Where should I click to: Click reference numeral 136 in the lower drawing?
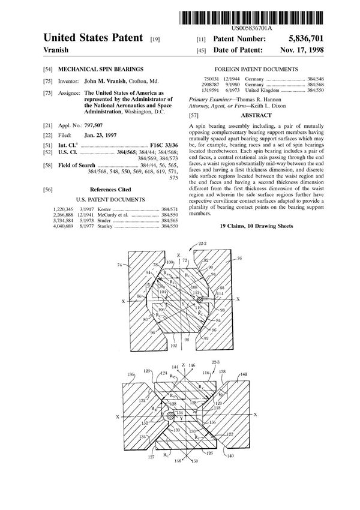[131, 375]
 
